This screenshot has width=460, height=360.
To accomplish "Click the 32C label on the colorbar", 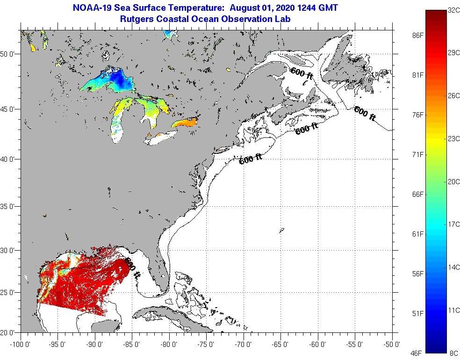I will [453, 10].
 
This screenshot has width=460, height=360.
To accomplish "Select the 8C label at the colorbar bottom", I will [453, 353].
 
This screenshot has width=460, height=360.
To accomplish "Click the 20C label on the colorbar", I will [453, 181].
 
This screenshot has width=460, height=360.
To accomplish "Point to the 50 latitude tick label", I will [9, 54].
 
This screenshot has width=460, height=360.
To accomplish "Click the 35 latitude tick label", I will [9, 206].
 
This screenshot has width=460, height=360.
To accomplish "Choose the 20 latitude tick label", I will [9, 332].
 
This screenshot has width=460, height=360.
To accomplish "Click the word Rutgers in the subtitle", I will [136, 19].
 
